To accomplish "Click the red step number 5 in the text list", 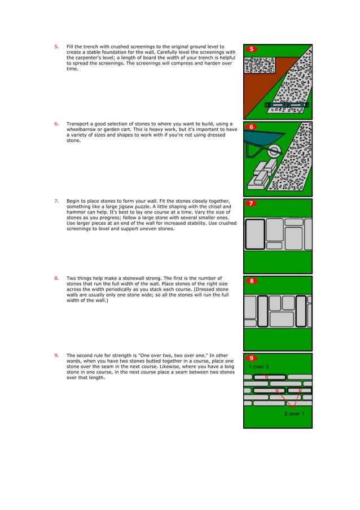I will pyautogui.click(x=56, y=47).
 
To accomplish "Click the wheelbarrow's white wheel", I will pyautogui.click(x=275, y=151).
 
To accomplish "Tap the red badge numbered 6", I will pyautogui.click(x=252, y=127).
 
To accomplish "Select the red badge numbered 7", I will pyautogui.click(x=252, y=203).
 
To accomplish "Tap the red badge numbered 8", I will pyautogui.click(x=252, y=281).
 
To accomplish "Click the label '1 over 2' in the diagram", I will pyautogui.click(x=259, y=367).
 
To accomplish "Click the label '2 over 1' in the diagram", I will pyautogui.click(x=294, y=414).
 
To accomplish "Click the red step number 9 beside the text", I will pyautogui.click(x=56, y=355).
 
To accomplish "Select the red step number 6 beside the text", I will pyautogui.click(x=56, y=124).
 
